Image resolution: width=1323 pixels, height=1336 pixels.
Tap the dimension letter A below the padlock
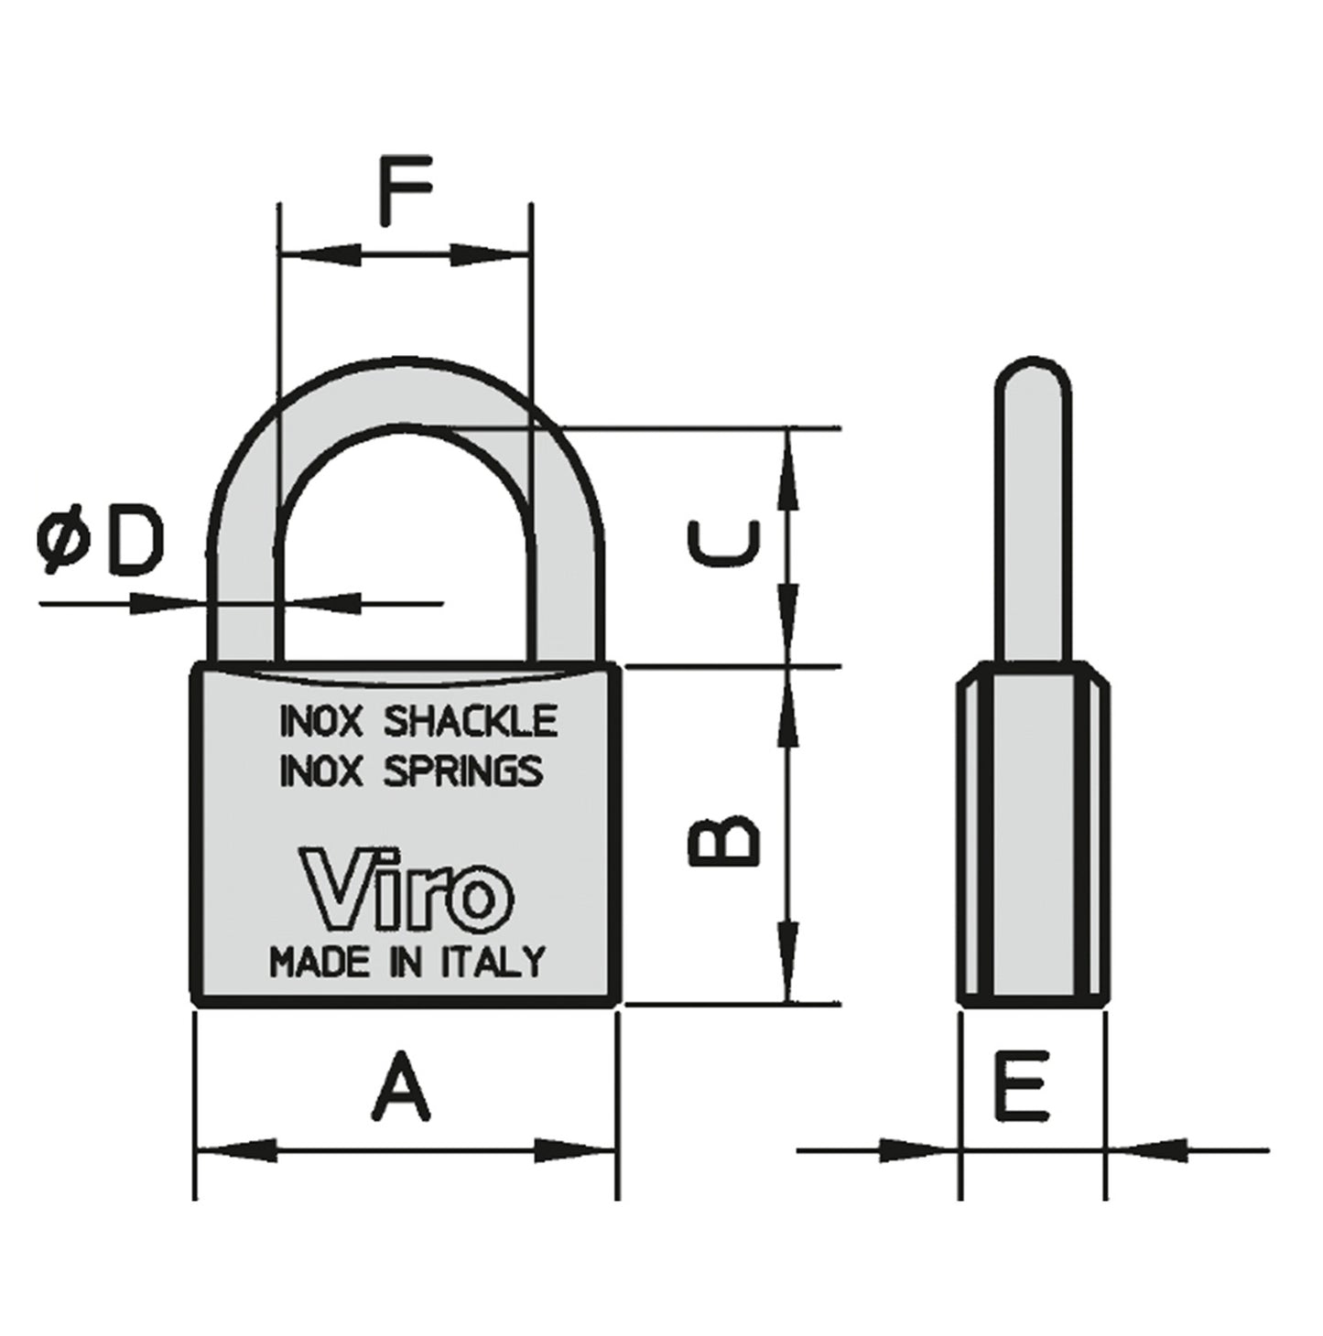401,1087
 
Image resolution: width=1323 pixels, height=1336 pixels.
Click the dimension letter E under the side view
1022,1085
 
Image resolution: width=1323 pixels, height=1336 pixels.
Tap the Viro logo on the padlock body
407,888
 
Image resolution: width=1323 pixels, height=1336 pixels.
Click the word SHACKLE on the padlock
470,721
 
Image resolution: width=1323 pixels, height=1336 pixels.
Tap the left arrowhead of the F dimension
317,254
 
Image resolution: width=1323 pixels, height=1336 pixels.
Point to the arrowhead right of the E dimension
1148,1149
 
